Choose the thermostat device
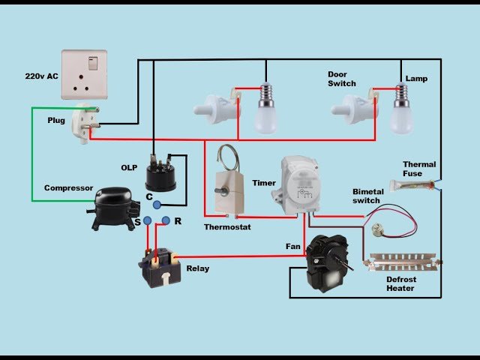click(225, 191)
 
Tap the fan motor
click(325, 262)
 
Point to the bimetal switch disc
click(373, 223)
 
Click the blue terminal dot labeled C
click(156, 205)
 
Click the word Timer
click(263, 182)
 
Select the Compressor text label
click(67, 187)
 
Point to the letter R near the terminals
click(177, 221)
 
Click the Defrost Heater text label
click(401, 284)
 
